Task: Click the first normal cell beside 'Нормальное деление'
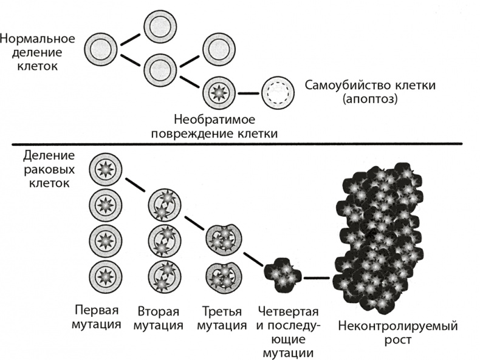click(x=101, y=50)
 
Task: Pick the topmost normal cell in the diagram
click(x=160, y=27)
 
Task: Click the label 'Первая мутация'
click(x=95, y=318)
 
